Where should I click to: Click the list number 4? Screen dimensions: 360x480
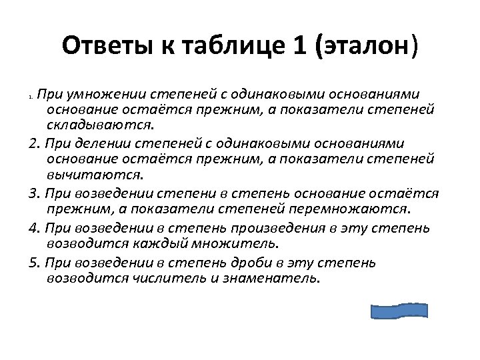click(x=34, y=227)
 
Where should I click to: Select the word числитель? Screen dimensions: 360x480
click(x=170, y=279)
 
